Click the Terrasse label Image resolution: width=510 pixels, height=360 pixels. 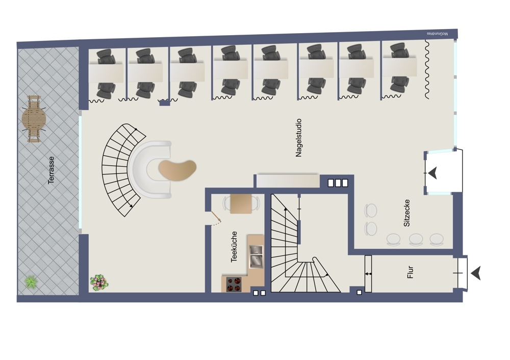[x=51, y=170]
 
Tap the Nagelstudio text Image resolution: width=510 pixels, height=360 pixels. [x=298, y=138]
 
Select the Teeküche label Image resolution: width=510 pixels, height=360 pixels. [x=234, y=247]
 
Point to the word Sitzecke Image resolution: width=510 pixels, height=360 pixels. [x=406, y=213]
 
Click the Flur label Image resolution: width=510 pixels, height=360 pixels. [x=410, y=272]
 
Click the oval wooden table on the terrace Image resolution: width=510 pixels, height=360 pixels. [x=34, y=119]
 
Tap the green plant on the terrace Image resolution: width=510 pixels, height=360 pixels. [x=31, y=281]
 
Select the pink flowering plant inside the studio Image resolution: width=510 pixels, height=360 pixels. [x=99, y=282]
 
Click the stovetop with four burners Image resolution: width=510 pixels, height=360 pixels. [x=234, y=284]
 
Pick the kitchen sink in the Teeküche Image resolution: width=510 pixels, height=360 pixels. [x=256, y=256]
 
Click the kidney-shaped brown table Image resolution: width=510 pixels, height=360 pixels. [x=177, y=169]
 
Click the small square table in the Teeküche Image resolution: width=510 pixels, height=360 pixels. [x=241, y=204]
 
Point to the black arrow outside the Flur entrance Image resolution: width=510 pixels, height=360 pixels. [x=475, y=273]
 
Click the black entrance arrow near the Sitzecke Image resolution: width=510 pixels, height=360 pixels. [x=432, y=173]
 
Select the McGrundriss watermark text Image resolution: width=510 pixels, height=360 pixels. [x=437, y=34]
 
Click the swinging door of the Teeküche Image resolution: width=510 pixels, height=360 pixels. [x=216, y=217]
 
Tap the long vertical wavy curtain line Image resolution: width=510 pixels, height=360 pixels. [x=427, y=69]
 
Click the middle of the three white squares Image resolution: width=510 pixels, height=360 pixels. [x=338, y=183]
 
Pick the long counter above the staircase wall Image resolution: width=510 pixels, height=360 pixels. [x=288, y=181]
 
